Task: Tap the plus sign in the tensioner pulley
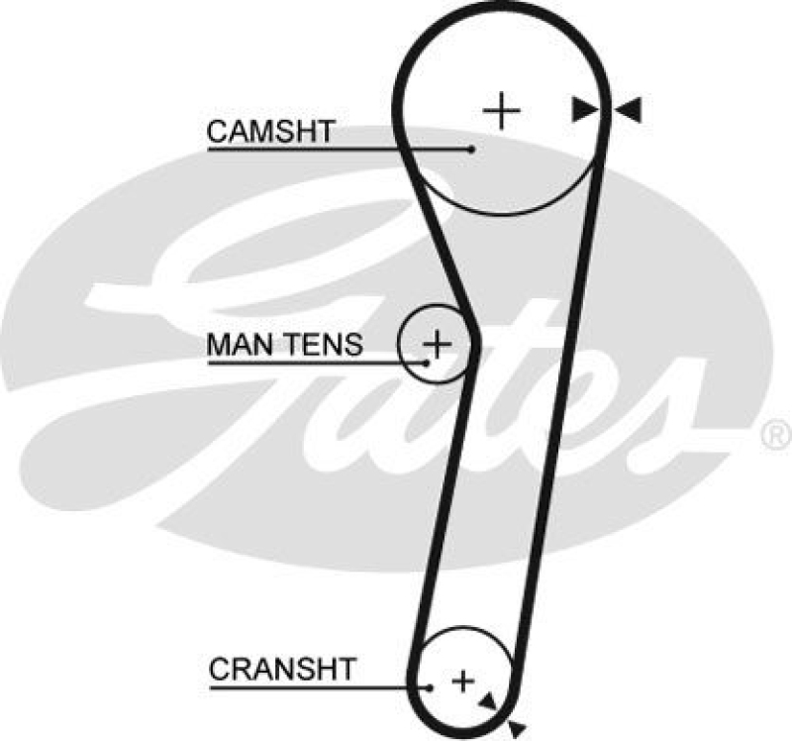(x=437, y=344)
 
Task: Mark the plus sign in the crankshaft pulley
(x=462, y=681)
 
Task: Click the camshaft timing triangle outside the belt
(x=629, y=110)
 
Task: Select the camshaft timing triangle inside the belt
(x=584, y=110)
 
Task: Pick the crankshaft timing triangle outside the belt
(x=514, y=729)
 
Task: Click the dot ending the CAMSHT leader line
(x=473, y=150)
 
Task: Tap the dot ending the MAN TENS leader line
(x=427, y=363)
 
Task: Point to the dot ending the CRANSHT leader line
(x=432, y=686)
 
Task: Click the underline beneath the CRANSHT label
(x=317, y=686)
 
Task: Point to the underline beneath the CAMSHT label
(x=337, y=150)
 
